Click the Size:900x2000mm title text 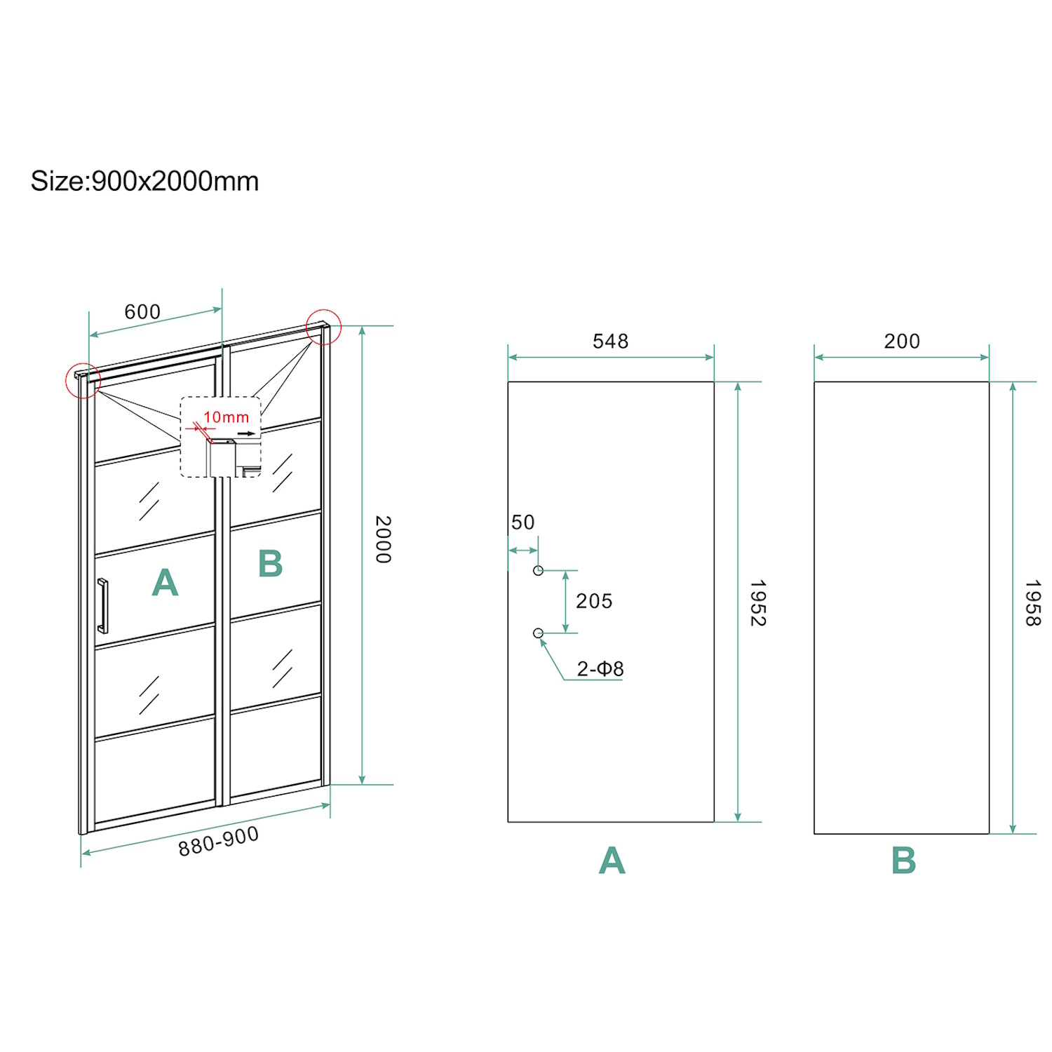(144, 181)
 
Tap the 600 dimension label (142, 311)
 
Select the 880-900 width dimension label (219, 841)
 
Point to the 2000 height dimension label (383, 539)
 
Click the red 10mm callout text (226, 417)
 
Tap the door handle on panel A (102, 606)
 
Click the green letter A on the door (166, 582)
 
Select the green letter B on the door (270, 563)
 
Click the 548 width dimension (610, 342)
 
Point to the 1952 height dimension (757, 602)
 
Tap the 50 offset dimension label (523, 522)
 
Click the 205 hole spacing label (594, 601)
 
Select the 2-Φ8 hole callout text (600, 669)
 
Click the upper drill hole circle (538, 571)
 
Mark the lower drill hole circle (538, 633)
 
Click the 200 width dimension (902, 342)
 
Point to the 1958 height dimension (1032, 602)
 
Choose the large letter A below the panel (612, 861)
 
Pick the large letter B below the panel (904, 861)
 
